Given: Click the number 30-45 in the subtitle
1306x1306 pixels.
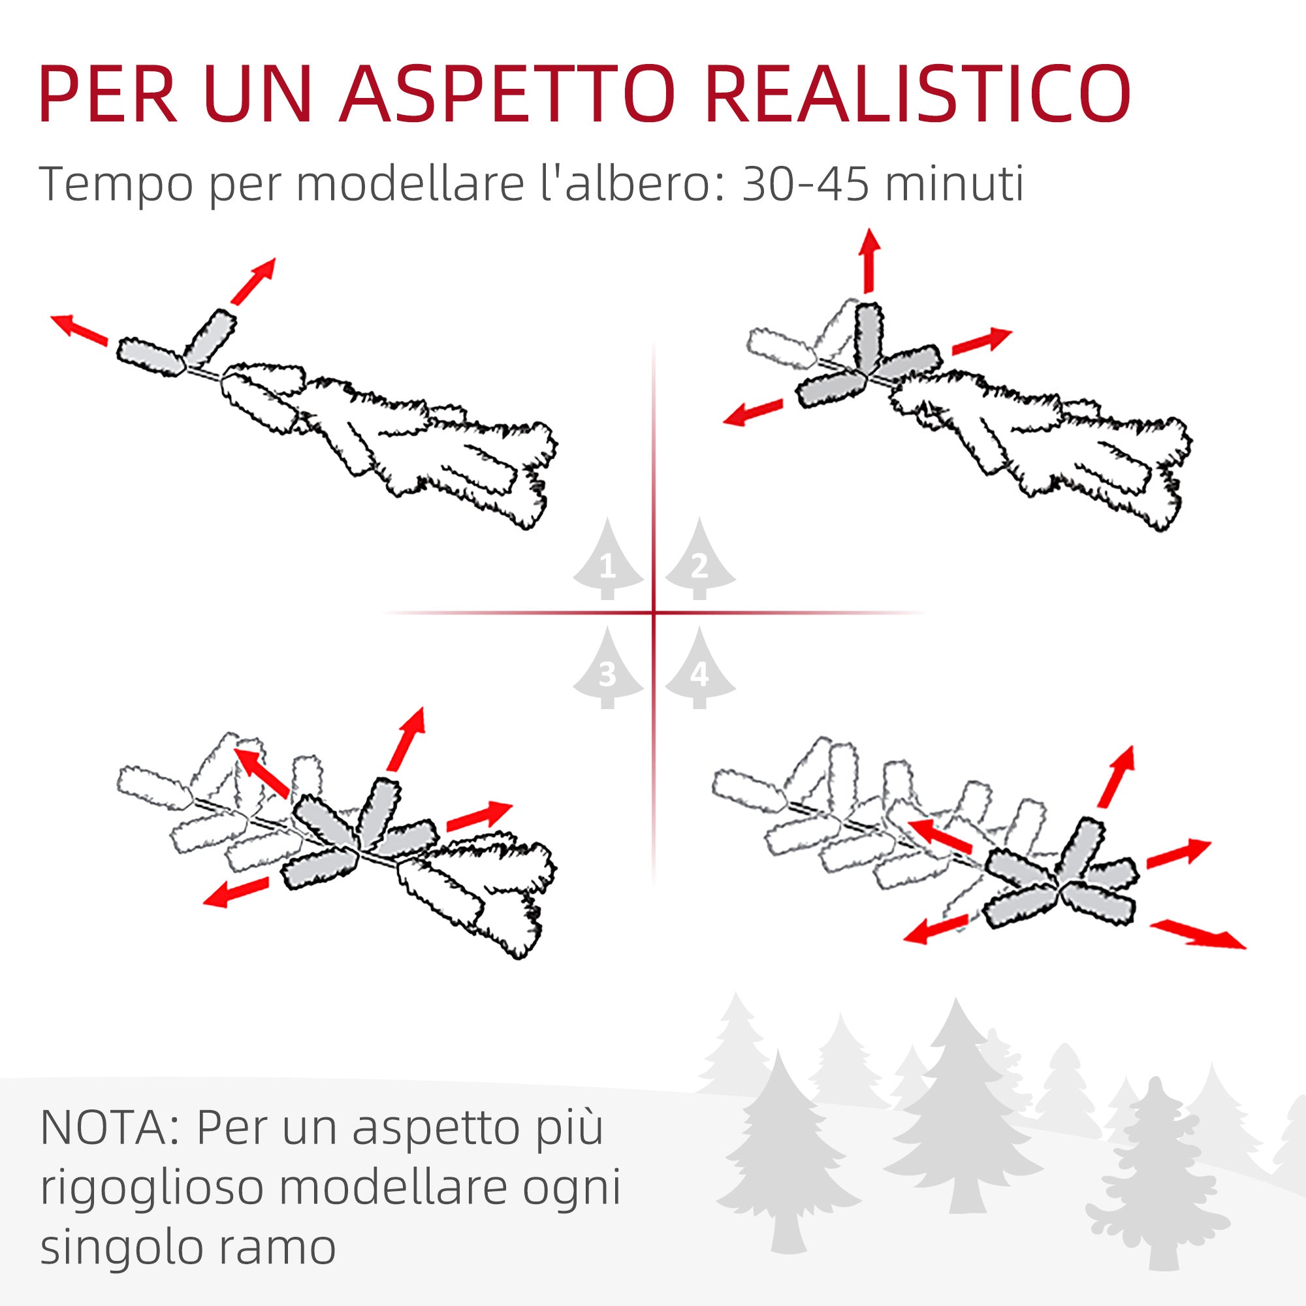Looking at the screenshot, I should coord(804,184).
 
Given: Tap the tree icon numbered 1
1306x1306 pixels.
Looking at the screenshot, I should coord(608,560).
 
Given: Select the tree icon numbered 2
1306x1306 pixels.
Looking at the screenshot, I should coord(699,560).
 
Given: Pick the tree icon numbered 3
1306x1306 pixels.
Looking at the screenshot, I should coord(608,669).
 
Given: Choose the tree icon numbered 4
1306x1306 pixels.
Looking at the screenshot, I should coord(699,669).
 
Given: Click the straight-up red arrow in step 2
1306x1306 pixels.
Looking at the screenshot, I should coord(868,261).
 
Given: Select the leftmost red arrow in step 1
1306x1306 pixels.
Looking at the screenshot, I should coord(80,329).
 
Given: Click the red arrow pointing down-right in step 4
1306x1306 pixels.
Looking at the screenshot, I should coord(1198,934).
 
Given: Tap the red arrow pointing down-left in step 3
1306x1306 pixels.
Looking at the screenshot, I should coord(236,891).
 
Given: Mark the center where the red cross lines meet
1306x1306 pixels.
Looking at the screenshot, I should coord(654,613).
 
